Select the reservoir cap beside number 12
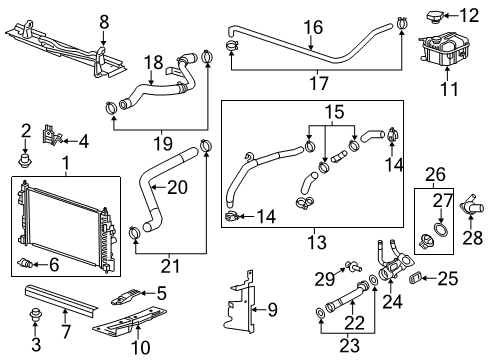(436, 15)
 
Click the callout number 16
(313, 27)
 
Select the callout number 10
(141, 347)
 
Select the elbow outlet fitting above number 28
(469, 207)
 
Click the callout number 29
(323, 276)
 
